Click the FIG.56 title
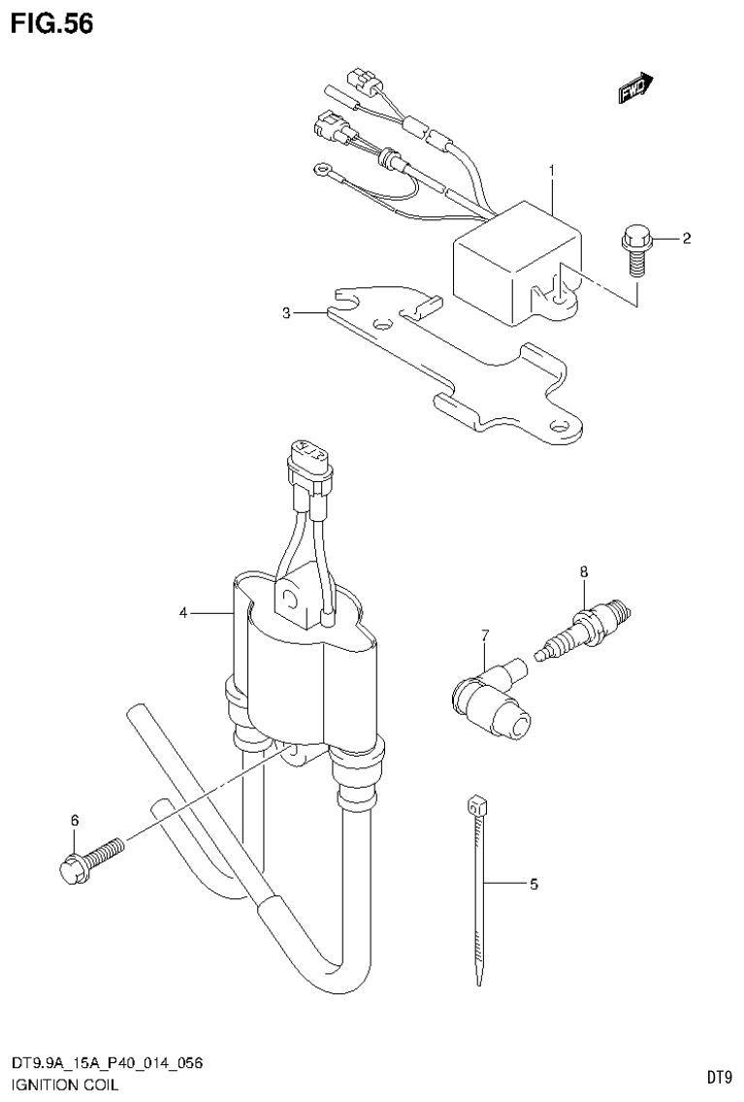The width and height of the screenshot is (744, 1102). pos(52,23)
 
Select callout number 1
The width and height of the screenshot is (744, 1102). pos(551,171)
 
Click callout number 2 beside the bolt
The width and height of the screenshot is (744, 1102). pos(686,239)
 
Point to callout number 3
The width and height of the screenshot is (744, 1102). pos(287,313)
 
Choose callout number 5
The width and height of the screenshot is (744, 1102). pos(533,884)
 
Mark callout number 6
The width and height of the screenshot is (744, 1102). pos(75,822)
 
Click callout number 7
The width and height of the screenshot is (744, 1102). pos(484,635)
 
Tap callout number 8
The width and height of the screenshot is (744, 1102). pos(583,571)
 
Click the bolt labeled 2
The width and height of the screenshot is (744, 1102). pos(635,247)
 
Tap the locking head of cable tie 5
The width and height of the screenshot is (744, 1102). pos(474,805)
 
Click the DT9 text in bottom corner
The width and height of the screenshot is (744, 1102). pos(718,1077)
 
